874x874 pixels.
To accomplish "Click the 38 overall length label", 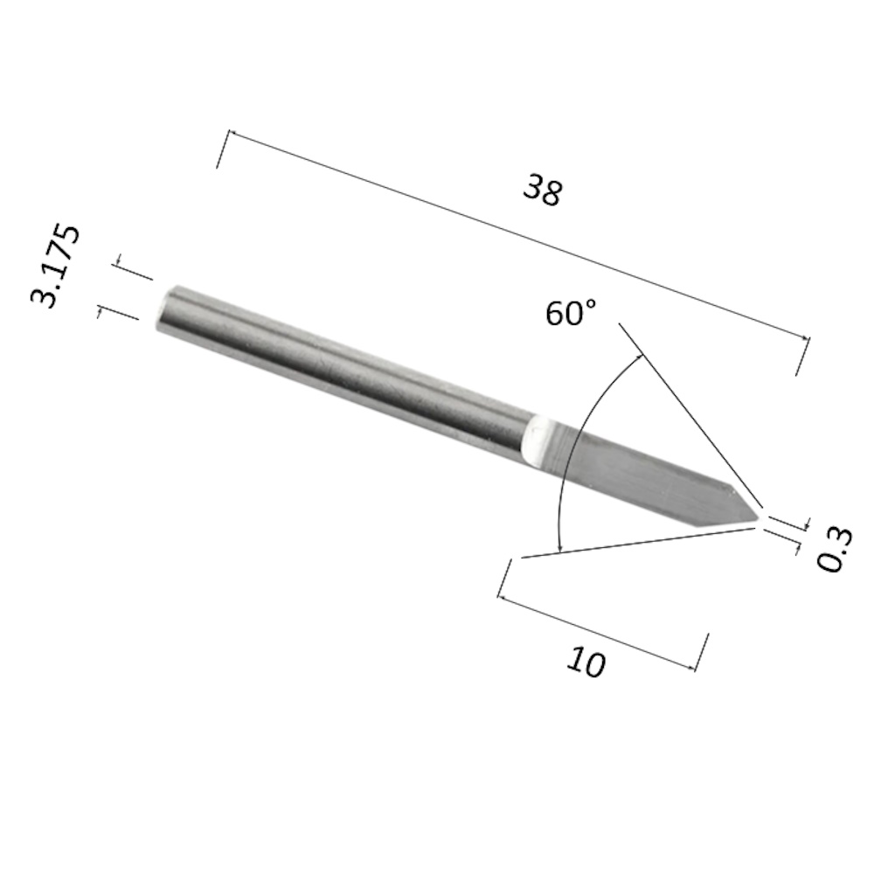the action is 543,190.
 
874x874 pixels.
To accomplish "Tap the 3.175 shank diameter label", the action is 55,266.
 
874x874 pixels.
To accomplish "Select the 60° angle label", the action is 571,313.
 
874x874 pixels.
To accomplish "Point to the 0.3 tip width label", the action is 835,550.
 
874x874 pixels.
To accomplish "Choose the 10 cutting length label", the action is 586,662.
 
